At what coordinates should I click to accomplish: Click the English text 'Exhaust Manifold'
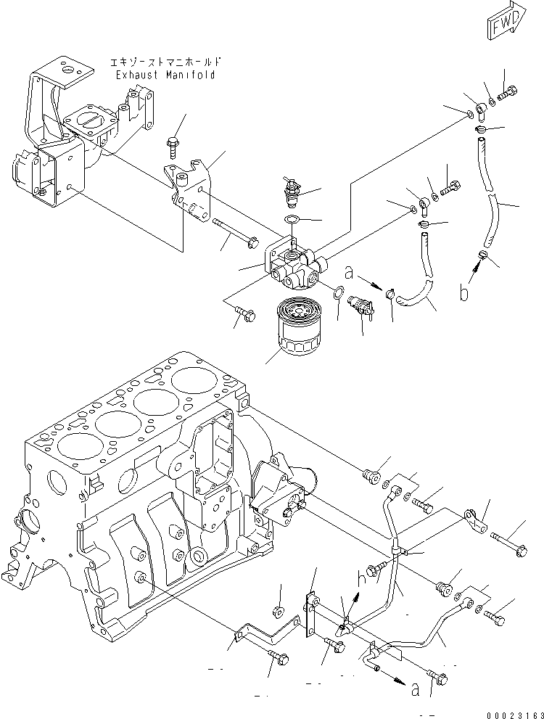pyautogui.click(x=165, y=75)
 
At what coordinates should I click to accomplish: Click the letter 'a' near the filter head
pyautogui.click(x=349, y=274)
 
